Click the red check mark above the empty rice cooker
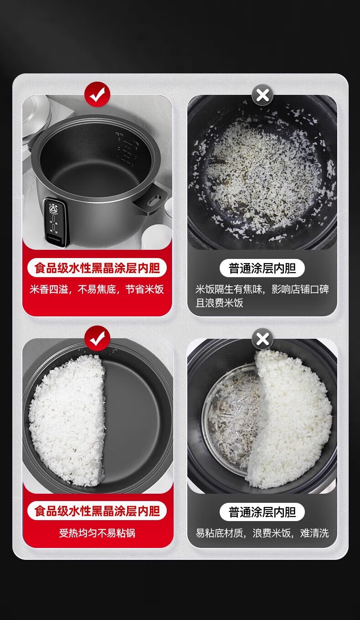pos(97,94)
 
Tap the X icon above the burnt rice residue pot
pos(262,95)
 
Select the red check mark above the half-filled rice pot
pos(97,338)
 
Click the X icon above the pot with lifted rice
pos(262,339)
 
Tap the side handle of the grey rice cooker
pos(152,198)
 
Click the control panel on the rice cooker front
pos(55,222)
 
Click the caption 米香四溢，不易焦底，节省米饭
pos(97,289)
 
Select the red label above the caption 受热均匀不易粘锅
pos(97,511)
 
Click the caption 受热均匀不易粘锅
pos(97,533)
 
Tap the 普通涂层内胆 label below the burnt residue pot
pos(262,268)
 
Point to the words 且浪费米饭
pos(220,303)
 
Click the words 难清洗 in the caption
pos(314,533)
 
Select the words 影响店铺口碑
pos(300,289)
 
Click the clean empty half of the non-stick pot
pos(133,421)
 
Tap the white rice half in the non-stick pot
pos(68,421)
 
